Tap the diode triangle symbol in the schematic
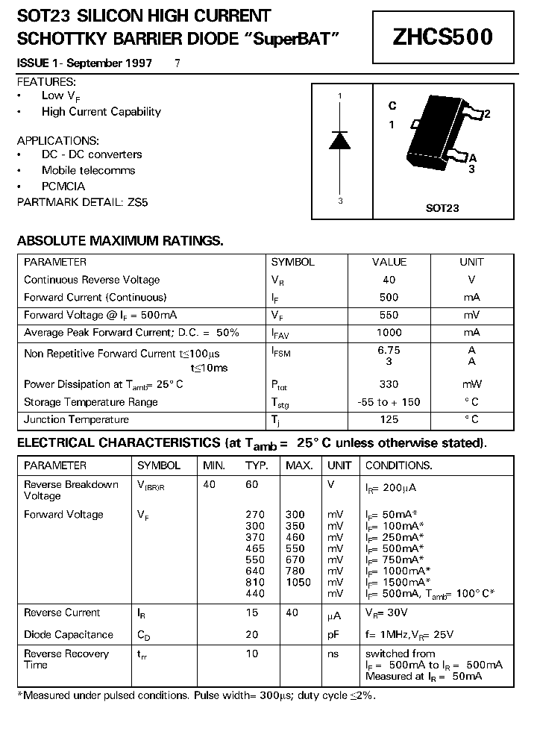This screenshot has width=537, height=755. [x=340, y=140]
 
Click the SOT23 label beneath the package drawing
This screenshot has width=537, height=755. [x=442, y=209]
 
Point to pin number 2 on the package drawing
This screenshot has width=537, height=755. [x=487, y=114]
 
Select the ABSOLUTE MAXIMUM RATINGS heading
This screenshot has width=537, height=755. [x=120, y=241]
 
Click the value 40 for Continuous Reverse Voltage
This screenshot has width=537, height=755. [x=389, y=280]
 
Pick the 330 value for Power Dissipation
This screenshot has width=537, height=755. [x=389, y=384]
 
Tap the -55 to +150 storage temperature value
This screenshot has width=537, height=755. [x=389, y=402]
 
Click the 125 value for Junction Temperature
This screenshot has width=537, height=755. [x=389, y=419]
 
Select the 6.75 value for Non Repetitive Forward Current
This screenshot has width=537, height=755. [x=389, y=350]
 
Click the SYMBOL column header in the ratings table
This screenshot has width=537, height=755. [x=292, y=262]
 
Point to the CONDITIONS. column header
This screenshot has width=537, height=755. [x=398, y=466]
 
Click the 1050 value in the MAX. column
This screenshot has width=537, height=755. [x=298, y=582]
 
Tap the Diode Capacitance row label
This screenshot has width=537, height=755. [x=69, y=635]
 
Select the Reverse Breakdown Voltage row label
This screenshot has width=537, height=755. [x=71, y=490]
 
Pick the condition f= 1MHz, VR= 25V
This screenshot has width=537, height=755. [x=409, y=635]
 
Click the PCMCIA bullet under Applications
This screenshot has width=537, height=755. [x=63, y=187]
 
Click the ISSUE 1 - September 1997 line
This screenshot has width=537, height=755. [x=84, y=63]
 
